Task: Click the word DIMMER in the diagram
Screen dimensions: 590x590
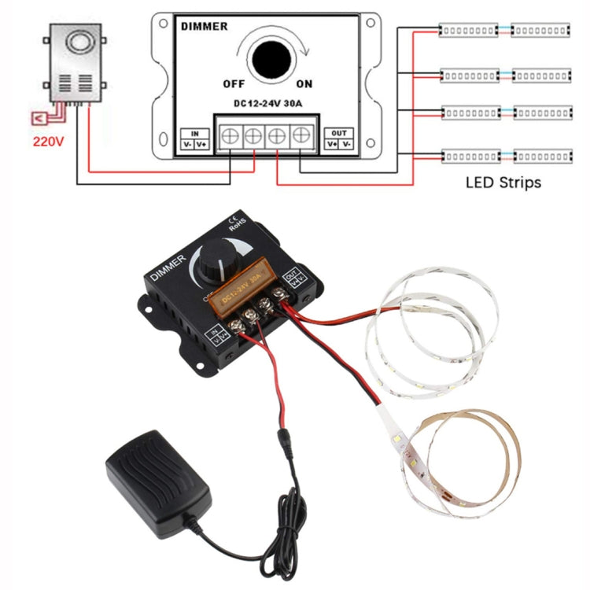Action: tap(204, 26)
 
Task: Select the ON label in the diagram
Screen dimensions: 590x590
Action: tap(304, 83)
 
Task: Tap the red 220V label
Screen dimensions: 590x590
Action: tap(47, 143)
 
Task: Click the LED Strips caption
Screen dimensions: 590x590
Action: tap(503, 183)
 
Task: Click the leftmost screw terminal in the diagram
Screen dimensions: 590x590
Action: tap(230, 136)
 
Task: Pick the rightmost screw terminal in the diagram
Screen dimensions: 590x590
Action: tap(301, 136)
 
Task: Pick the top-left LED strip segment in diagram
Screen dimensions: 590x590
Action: tap(469, 30)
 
